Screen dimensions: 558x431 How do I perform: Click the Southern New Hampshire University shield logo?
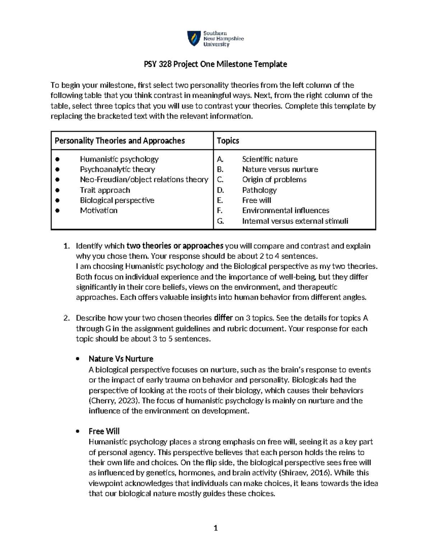(194, 38)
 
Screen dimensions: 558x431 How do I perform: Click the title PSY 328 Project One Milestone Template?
(215, 64)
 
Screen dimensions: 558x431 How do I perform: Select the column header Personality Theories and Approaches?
(120, 141)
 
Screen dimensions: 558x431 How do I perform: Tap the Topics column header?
(228, 141)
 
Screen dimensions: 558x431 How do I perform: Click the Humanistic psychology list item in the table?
(119, 159)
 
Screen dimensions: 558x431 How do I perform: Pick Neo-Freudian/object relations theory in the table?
(144, 180)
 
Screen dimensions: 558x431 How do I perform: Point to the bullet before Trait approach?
(57, 190)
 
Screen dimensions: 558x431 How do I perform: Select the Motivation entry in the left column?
(98, 211)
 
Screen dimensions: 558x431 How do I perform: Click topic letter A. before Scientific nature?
(220, 159)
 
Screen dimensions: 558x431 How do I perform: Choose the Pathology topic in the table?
(259, 190)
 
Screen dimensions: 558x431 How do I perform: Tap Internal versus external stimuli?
(295, 221)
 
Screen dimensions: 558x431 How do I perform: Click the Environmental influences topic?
(286, 211)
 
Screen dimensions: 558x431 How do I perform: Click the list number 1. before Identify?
(66, 246)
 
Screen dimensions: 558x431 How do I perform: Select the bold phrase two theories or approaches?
(175, 246)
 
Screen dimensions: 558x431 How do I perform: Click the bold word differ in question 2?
(223, 318)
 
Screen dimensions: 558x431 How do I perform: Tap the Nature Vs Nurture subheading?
(121, 359)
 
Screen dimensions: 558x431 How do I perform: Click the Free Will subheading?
(104, 431)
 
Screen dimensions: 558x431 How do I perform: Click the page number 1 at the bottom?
(215, 528)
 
